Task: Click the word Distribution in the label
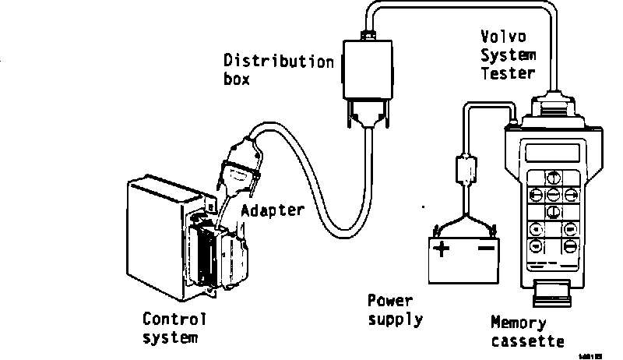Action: pos(279,61)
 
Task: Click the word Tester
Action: pos(508,74)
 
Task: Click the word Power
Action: pos(389,301)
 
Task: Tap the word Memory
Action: pos(518,322)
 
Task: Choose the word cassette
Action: pos(527,341)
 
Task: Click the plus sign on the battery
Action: pos(442,249)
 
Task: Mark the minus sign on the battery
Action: pos(486,249)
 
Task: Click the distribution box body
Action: pos(368,74)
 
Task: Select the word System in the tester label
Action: pos(508,55)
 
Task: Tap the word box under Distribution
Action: pos(237,79)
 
